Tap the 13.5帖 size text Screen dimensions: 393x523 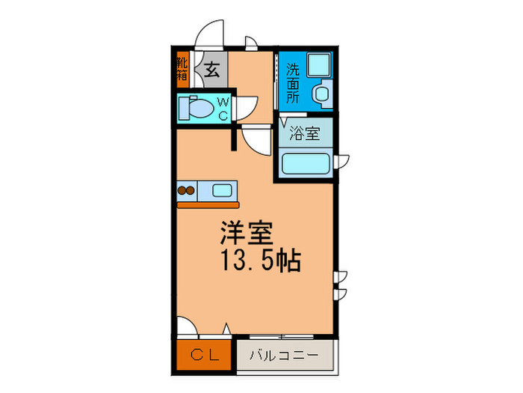click(x=259, y=262)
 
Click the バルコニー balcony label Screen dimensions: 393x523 click(x=283, y=356)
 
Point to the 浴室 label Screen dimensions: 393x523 click(x=305, y=134)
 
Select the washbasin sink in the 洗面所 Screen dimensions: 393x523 click(x=322, y=94)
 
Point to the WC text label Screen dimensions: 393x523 click(x=223, y=109)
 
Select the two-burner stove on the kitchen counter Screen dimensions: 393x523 click(x=186, y=190)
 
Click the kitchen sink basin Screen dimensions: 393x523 click(x=223, y=189)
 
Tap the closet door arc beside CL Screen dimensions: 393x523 click(x=188, y=328)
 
